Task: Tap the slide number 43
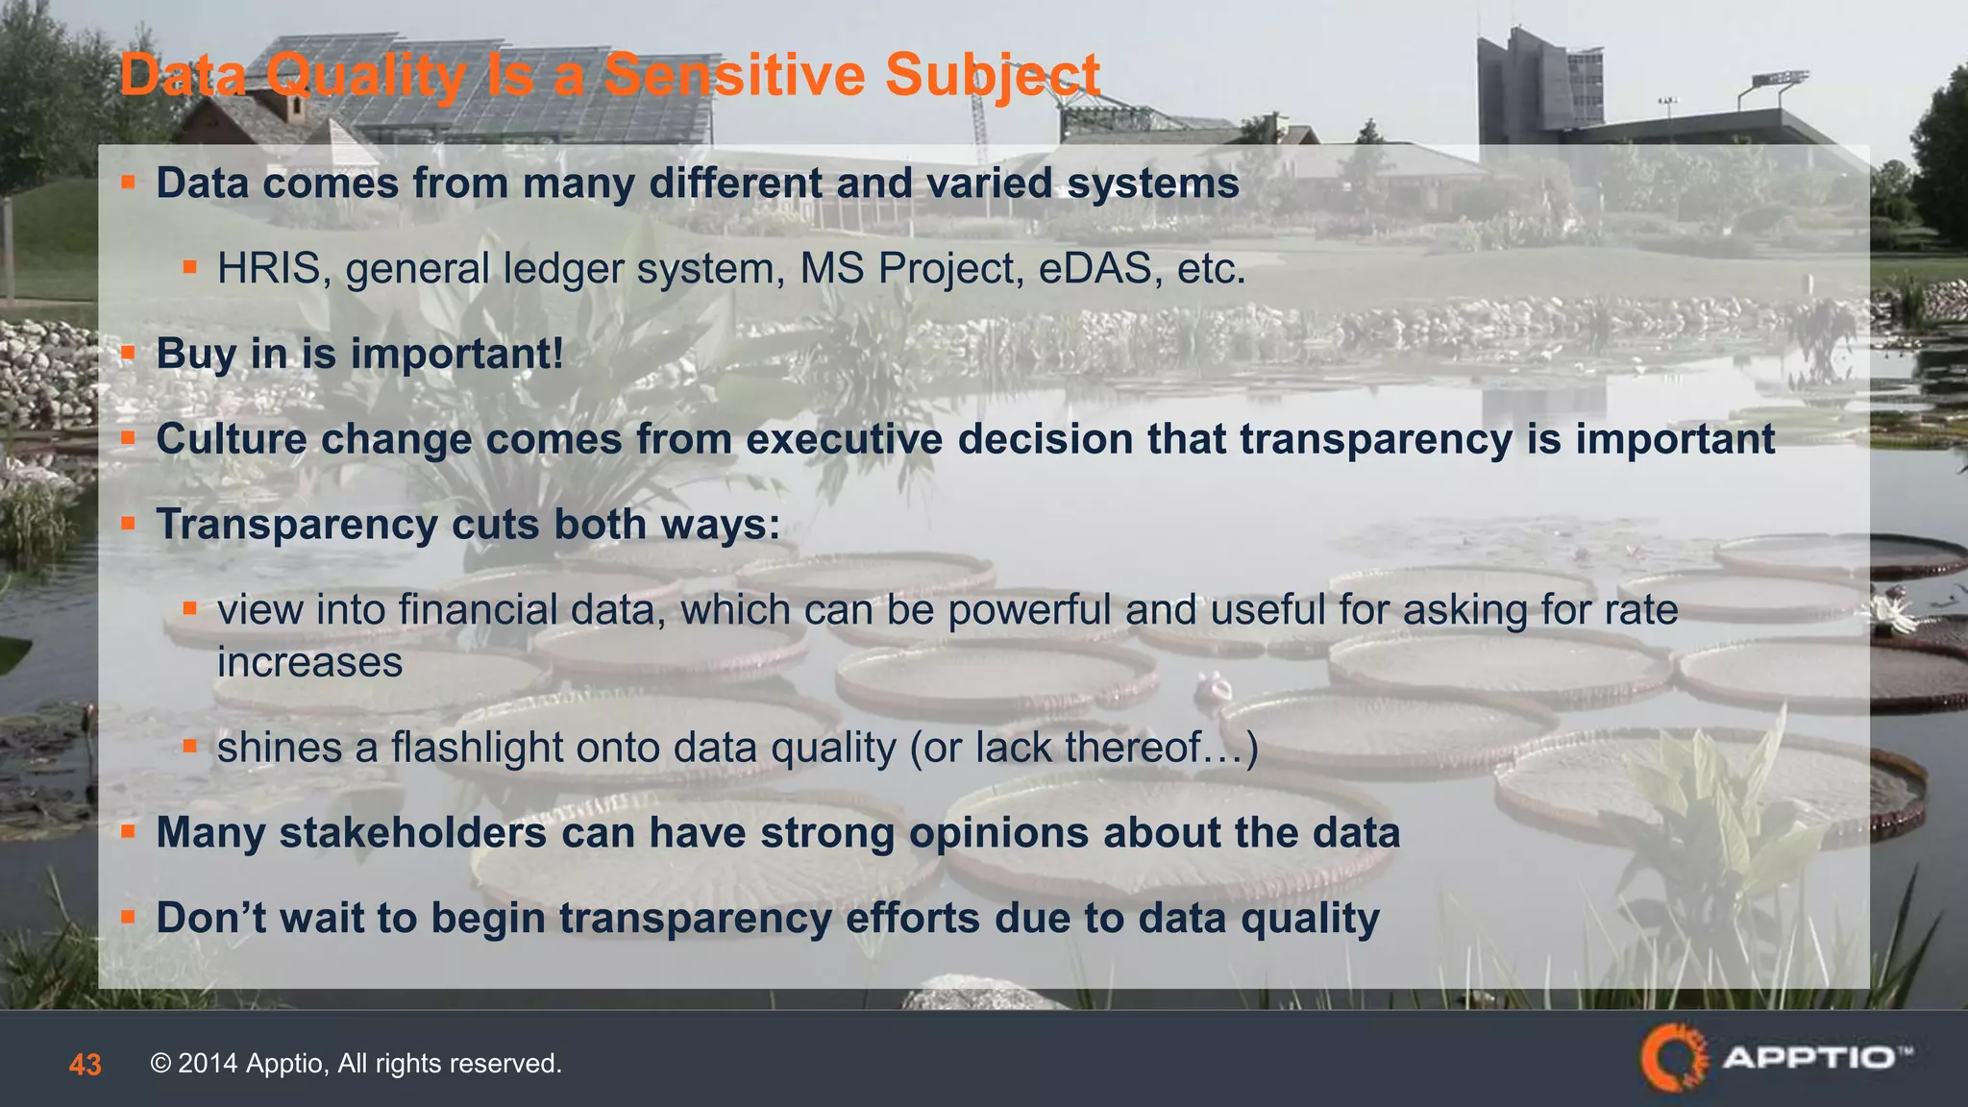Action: coord(85,1064)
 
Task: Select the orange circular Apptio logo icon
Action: coord(1673,1058)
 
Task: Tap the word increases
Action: coord(309,662)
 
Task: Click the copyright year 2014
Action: coord(207,1064)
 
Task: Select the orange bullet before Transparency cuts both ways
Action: coord(128,524)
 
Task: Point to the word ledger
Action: coord(563,268)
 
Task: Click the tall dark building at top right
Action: coord(1537,86)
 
